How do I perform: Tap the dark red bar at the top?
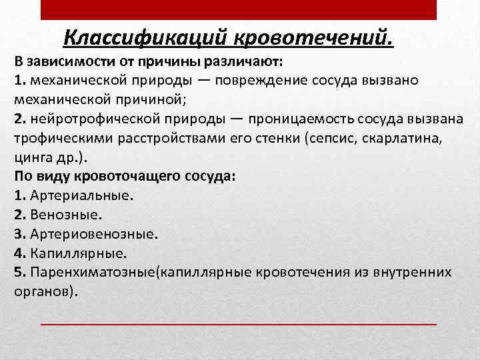(239, 9)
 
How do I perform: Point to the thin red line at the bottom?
(239, 323)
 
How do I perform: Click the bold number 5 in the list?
(18, 273)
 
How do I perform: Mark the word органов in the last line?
(41, 292)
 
